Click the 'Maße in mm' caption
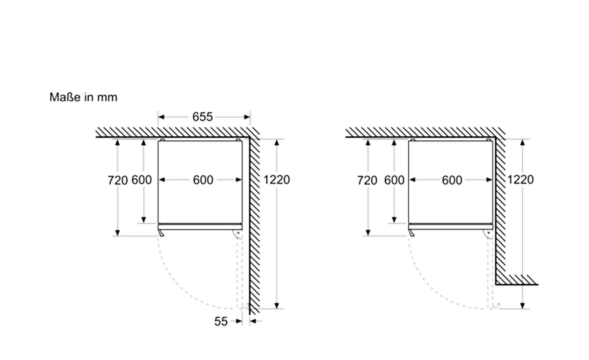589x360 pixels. (83, 97)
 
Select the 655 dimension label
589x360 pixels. (202, 117)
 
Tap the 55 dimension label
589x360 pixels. (221, 321)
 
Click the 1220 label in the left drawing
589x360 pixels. (277, 180)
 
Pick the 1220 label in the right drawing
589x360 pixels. (520, 180)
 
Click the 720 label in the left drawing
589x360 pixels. (118, 180)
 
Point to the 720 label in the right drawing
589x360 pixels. (367, 180)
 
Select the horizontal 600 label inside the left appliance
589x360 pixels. (203, 180)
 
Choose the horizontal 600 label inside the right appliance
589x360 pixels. (452, 180)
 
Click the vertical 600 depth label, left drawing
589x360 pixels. (142, 180)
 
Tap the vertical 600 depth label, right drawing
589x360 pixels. (394, 180)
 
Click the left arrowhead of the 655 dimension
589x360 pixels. (161, 117)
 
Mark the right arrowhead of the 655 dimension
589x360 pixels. (247, 117)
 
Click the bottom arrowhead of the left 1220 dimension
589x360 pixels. (277, 305)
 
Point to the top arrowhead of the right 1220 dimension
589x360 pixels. (522, 143)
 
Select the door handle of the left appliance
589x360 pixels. (161, 233)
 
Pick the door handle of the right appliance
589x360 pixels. (411, 233)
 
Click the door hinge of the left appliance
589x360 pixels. (238, 234)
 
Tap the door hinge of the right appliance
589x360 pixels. (488, 234)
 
